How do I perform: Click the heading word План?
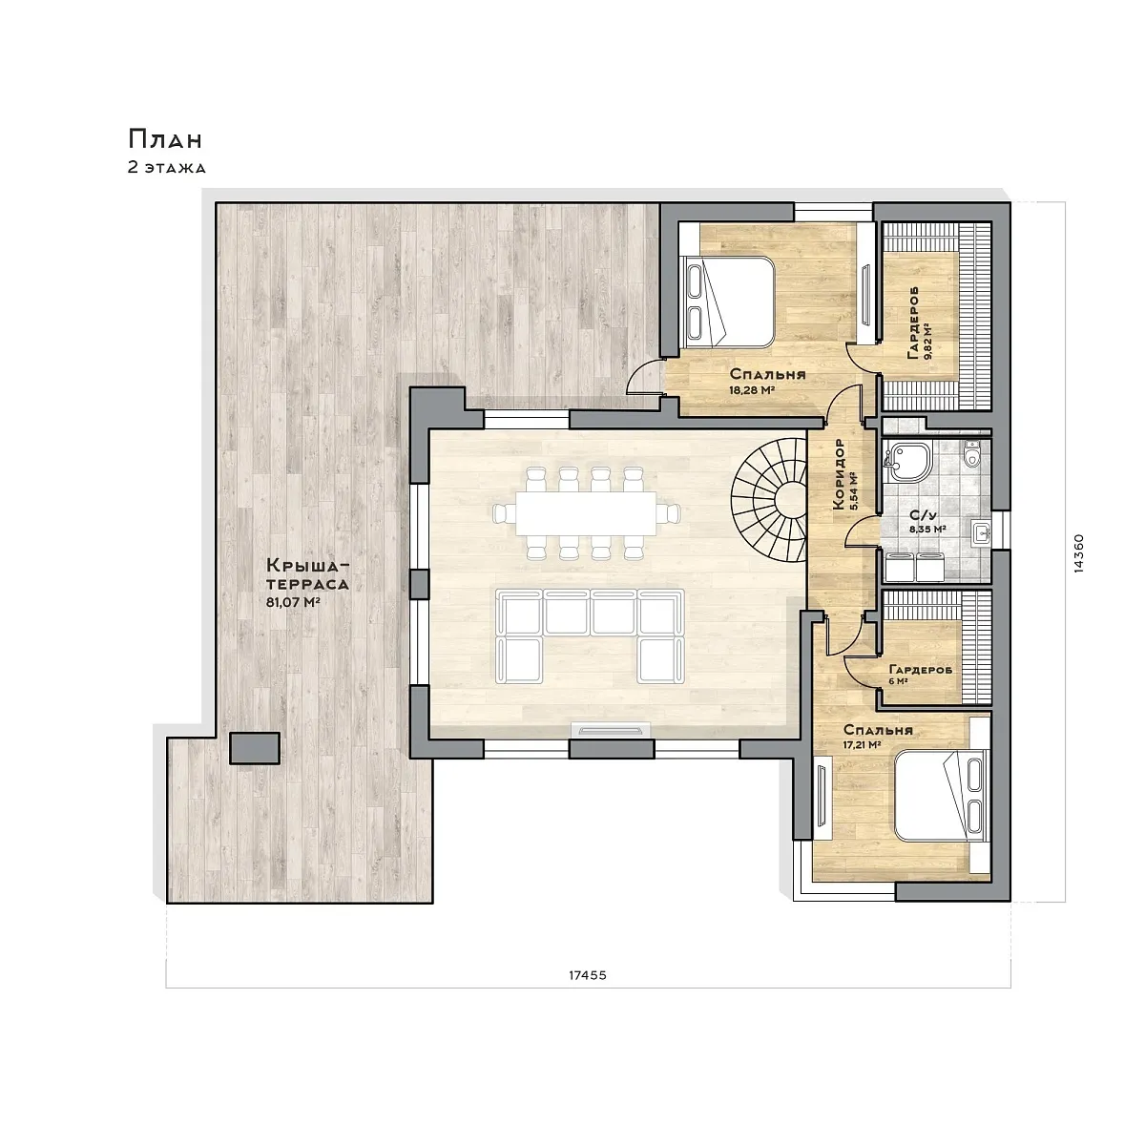coord(165,139)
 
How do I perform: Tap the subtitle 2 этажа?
coord(167,168)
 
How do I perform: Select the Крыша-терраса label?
coord(307,573)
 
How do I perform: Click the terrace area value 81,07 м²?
coord(294,602)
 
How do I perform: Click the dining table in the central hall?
coord(586,512)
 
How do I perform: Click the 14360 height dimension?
coord(1079,552)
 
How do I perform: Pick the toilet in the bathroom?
coord(972,453)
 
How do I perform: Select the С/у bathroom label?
coord(923,516)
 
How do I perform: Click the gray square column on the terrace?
coord(255,748)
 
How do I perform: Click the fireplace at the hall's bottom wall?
coord(612,729)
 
